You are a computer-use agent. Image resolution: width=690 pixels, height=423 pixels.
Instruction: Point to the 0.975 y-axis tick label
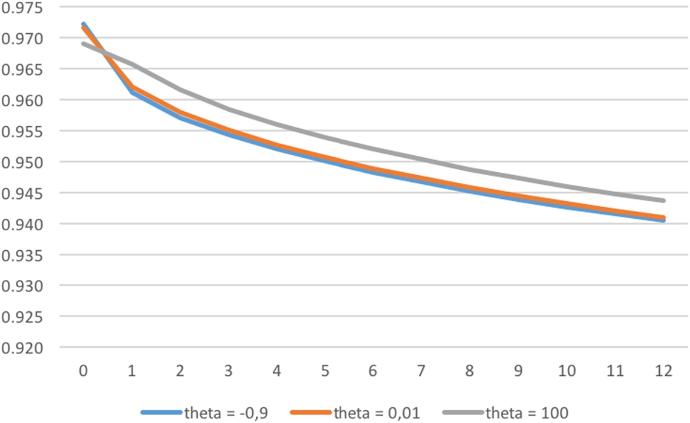coord(23,7)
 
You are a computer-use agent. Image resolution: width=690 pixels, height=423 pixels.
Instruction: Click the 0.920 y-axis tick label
coord(23,348)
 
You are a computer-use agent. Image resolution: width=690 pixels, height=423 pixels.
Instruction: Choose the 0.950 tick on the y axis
coord(23,162)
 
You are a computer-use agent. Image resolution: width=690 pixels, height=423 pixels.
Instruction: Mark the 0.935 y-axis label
coord(23,255)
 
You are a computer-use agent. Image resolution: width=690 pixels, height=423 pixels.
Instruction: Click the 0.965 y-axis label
coord(23,69)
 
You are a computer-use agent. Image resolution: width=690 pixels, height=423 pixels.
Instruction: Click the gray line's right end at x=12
coord(664,200)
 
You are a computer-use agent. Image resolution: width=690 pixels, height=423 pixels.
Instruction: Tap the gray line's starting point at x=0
coord(83,44)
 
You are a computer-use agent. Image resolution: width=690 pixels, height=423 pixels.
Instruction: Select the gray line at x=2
coord(180,89)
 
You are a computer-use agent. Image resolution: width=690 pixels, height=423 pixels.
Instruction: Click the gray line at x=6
coord(374,149)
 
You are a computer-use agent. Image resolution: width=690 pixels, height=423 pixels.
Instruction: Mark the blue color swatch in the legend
coord(161,413)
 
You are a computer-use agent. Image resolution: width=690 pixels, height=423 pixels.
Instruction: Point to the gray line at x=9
coord(519,178)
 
